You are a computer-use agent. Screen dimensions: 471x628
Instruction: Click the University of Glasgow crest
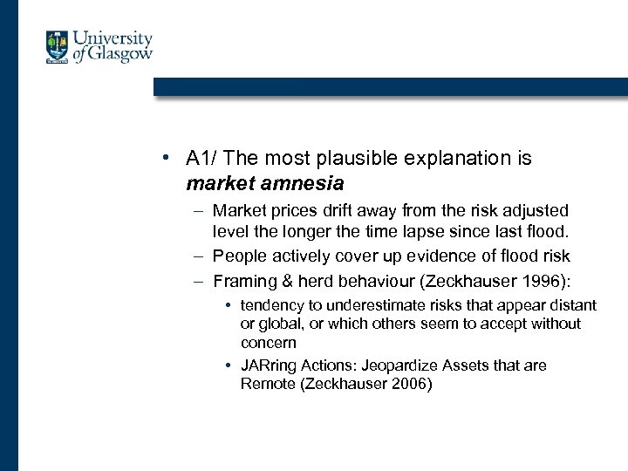click(x=58, y=47)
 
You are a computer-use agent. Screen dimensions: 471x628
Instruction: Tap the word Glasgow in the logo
click(x=120, y=55)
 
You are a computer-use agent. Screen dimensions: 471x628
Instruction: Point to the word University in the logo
click(x=113, y=38)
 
